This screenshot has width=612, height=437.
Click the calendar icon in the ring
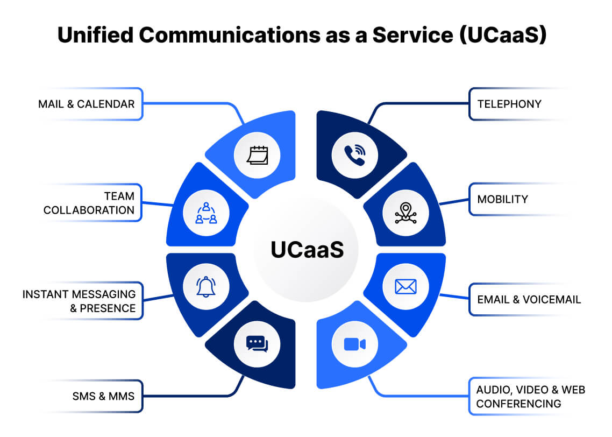[x=257, y=156]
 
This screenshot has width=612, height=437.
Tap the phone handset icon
[x=354, y=156]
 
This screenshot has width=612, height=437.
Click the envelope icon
[x=405, y=286]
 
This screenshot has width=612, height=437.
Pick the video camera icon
[x=354, y=344]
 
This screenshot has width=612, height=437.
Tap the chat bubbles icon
[x=257, y=344]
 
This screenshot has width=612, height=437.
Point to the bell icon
[x=205, y=286]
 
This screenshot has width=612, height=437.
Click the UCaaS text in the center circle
[x=307, y=250]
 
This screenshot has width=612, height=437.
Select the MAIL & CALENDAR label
[x=87, y=104]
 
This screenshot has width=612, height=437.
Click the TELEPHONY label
[x=509, y=104]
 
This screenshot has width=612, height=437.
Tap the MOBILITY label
[x=502, y=199]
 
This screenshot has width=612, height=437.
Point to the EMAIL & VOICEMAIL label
[x=529, y=299]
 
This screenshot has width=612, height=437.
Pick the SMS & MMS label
[x=103, y=397]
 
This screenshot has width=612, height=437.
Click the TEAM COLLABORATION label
[x=89, y=202]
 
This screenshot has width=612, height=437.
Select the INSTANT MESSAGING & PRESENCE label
[x=79, y=301]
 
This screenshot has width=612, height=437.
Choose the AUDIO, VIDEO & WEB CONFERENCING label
[x=530, y=396]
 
